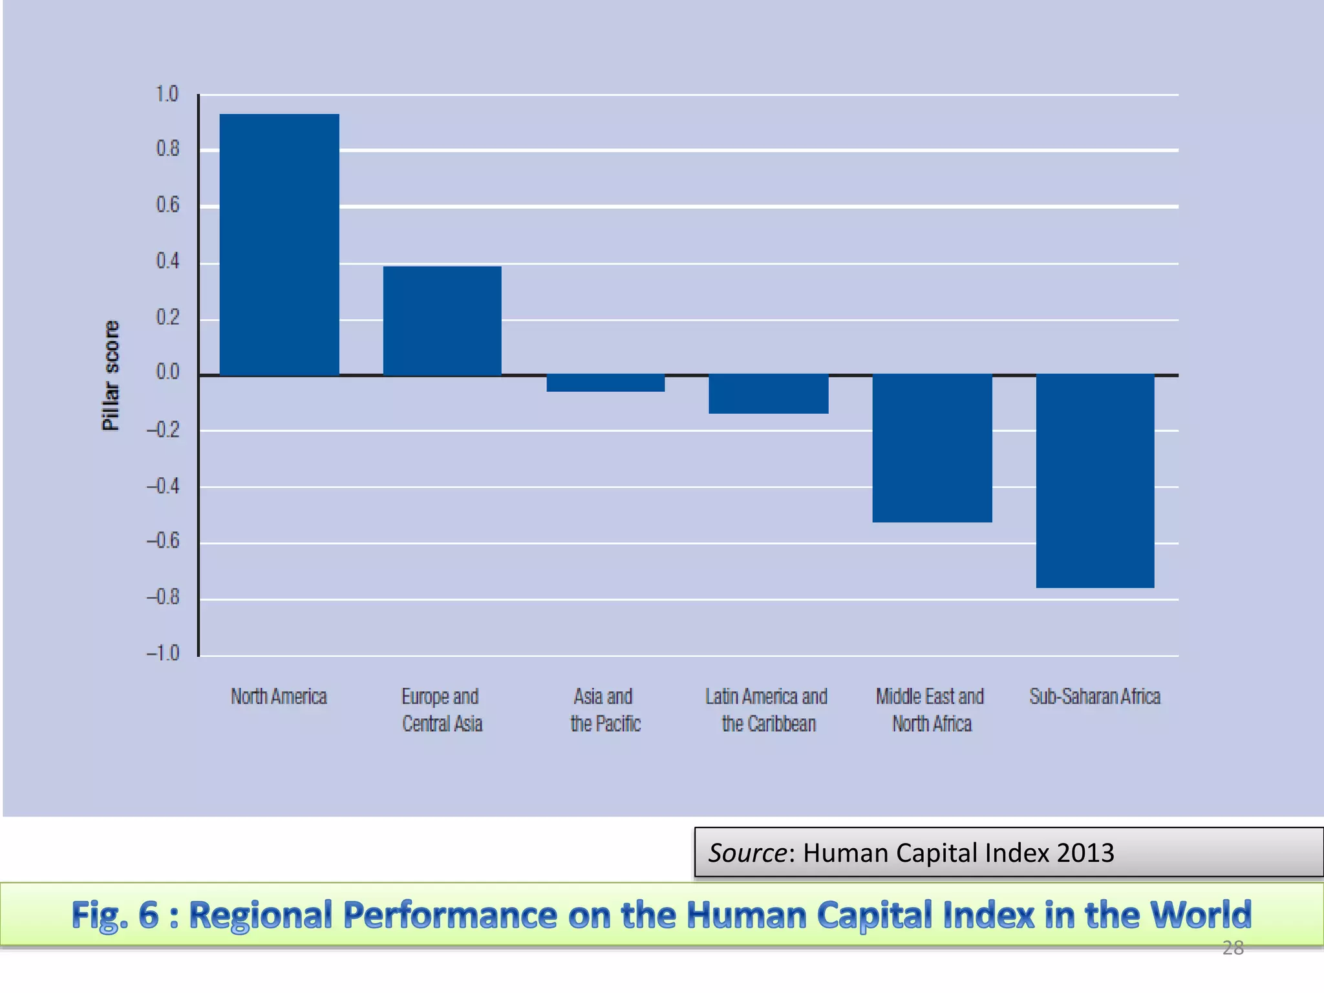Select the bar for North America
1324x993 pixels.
pos(279,244)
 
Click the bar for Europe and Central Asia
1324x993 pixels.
pos(442,320)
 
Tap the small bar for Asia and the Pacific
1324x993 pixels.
pos(605,383)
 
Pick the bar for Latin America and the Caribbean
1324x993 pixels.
pos(768,394)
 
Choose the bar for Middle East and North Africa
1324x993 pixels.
pos(932,448)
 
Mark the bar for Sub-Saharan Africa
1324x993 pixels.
pos(1094,481)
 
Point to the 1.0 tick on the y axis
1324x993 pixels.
pos(167,94)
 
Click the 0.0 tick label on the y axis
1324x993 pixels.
pos(167,372)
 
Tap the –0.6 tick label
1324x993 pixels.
pos(163,540)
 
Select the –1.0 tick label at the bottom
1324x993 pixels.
pos(163,653)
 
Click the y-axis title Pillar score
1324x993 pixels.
pos(111,375)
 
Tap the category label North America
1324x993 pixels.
pos(279,696)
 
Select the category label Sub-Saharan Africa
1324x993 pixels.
pos(1094,696)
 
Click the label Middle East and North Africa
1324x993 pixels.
pos(930,710)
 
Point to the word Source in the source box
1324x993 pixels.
pos(747,853)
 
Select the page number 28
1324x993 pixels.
pos(1232,948)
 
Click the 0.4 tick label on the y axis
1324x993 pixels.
pos(167,261)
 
